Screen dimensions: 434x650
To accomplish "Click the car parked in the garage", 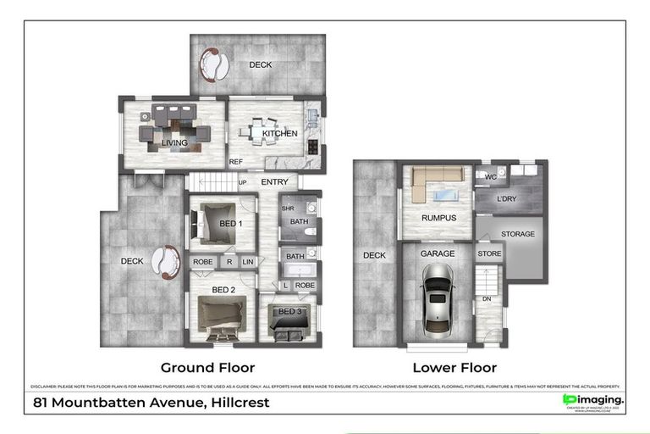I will pos(437,297).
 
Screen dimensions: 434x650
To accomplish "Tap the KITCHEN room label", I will pos(278,135).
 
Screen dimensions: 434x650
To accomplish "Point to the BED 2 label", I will pos(223,290).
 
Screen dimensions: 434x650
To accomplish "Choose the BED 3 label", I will pos(289,312).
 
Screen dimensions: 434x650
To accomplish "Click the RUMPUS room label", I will pos(438,218).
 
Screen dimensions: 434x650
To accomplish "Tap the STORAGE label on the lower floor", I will pos(517,234).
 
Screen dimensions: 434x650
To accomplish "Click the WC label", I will pos(488,176).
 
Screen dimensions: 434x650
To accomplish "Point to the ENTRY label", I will pos(274,182).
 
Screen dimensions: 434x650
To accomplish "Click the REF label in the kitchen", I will pos(236,162).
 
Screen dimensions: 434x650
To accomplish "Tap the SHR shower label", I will pos(287,209).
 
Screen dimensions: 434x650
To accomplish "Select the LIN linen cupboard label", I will pos(247,262).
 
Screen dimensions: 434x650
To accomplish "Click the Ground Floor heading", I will pos(207,367).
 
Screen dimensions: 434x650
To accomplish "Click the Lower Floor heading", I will pos(454,367).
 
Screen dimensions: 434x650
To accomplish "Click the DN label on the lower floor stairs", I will pos(487,298).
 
